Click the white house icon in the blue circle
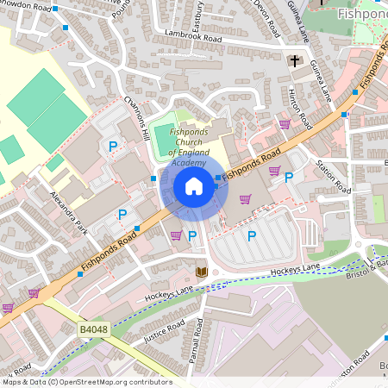coord(194,186)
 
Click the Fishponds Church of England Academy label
coord(188,147)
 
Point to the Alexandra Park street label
coord(70,213)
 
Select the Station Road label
coord(333,177)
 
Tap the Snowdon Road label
coord(28,5)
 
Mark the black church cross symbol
coord(294,61)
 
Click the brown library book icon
coord(202,272)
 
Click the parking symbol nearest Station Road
coord(289,177)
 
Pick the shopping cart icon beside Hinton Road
coord(285,124)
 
